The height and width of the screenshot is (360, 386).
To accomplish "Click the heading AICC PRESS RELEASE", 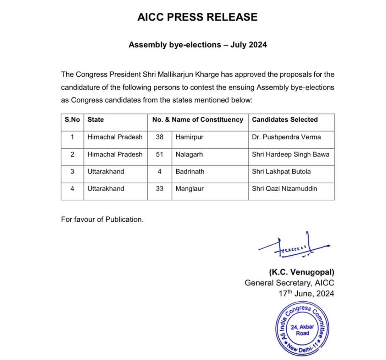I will pos(197,17).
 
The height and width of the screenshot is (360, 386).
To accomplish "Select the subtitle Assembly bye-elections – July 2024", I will pos(198,45).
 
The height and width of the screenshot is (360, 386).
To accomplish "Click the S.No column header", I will pos(72,120).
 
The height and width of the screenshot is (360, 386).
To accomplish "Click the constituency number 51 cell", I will pos(160,154).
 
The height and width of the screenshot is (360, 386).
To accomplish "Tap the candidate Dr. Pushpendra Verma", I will pos(286,137).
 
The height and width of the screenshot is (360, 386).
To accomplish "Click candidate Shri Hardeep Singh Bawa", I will pos(291,154).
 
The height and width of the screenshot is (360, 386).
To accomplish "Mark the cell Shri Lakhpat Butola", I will pos(281,172).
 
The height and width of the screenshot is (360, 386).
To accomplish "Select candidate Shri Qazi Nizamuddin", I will pos(285,189).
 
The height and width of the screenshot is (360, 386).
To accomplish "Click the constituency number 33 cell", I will pos(160,189).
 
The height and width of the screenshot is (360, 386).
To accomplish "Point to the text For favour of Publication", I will pos(102,220).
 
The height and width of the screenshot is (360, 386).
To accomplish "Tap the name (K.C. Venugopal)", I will pos(302,272).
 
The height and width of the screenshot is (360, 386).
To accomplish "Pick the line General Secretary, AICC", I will pos(289,283).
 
